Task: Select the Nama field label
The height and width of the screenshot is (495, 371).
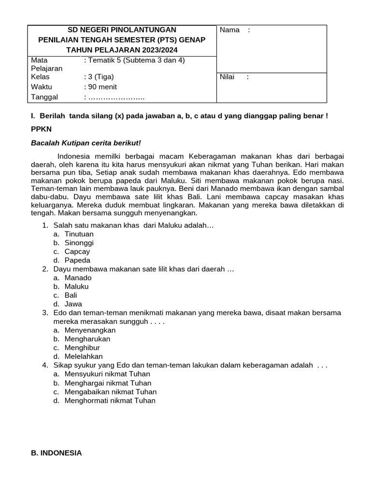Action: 230,30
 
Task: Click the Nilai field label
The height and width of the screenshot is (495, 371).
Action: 229,76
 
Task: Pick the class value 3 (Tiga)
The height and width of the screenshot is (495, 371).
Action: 99,76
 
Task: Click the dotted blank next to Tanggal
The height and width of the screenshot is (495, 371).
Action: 115,97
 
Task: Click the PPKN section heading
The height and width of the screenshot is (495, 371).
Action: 41,130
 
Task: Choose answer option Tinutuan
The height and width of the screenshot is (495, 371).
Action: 79,234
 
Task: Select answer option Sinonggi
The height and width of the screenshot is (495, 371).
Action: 79,243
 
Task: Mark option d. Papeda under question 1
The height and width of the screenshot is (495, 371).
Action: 77,260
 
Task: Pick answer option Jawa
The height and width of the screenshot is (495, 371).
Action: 73,304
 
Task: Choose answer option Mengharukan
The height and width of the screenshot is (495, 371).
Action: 87,339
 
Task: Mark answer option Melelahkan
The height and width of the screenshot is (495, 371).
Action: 84,356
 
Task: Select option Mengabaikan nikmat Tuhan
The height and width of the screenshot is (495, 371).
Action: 111,392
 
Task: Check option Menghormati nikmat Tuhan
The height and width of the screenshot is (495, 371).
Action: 110,400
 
